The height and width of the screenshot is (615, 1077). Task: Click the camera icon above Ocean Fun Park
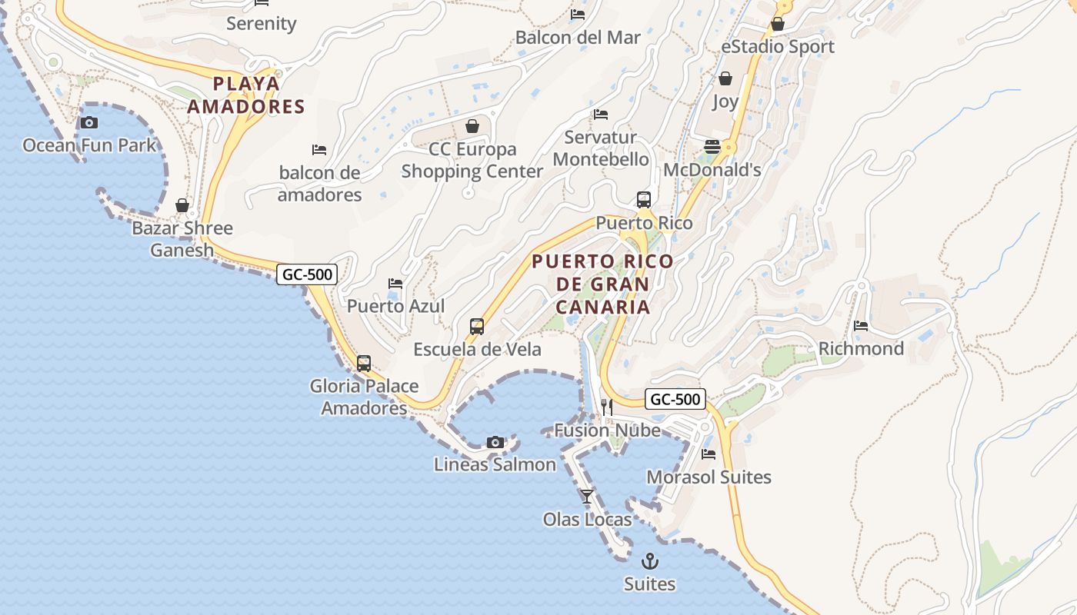pyautogui.click(x=89, y=122)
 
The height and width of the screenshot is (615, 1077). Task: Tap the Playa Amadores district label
pyautogui.click(x=246, y=95)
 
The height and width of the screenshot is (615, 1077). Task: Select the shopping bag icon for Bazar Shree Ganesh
pyautogui.click(x=182, y=205)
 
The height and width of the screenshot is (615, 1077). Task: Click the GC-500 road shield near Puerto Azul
pyautogui.click(x=307, y=274)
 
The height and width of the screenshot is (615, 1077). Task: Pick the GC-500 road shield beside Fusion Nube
pyautogui.click(x=675, y=399)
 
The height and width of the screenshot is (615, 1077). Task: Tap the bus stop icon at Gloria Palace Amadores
pyautogui.click(x=364, y=364)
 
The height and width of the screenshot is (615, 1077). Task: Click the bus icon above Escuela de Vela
pyautogui.click(x=477, y=327)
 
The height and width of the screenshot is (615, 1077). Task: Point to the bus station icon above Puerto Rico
pyautogui.click(x=644, y=200)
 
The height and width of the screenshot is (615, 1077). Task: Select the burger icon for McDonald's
pyautogui.click(x=712, y=147)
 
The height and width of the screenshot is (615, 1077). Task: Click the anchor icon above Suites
pyautogui.click(x=650, y=561)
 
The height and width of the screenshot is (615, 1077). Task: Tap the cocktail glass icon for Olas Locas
pyautogui.click(x=587, y=497)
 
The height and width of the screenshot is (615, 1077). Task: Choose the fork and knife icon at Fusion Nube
pyautogui.click(x=607, y=407)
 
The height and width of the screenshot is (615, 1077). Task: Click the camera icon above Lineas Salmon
pyautogui.click(x=495, y=442)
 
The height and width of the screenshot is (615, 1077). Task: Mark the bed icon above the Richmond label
pyautogui.click(x=861, y=326)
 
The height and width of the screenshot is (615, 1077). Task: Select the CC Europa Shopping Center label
pyautogui.click(x=472, y=160)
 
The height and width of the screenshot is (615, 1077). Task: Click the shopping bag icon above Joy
pyautogui.click(x=725, y=78)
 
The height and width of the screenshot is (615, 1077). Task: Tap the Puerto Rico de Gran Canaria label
pyautogui.click(x=603, y=284)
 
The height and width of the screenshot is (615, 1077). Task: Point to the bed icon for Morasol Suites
pyautogui.click(x=709, y=454)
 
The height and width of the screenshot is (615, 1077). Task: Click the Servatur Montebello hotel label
pyautogui.click(x=601, y=148)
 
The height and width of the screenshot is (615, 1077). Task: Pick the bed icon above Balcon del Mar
pyautogui.click(x=578, y=15)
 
